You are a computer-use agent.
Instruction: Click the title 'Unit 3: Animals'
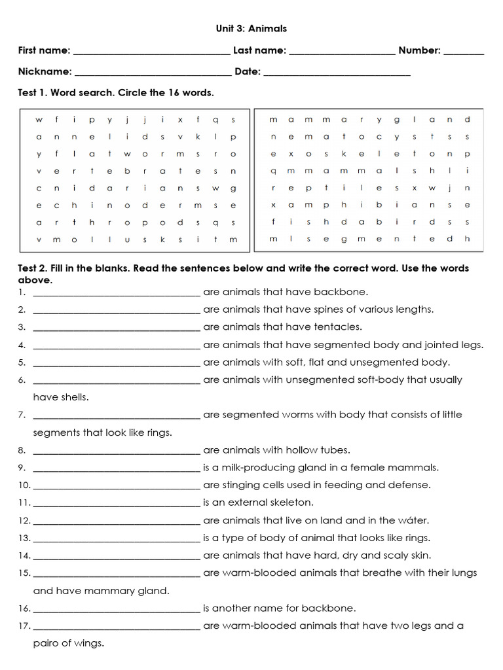point(251,29)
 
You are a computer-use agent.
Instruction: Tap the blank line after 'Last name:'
point(341,52)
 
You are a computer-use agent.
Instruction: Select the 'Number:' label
point(419,50)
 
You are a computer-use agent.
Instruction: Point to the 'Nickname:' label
point(45,71)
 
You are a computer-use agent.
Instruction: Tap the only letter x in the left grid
point(179,120)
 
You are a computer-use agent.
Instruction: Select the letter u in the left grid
point(126,240)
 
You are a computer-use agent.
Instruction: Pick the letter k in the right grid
point(343,154)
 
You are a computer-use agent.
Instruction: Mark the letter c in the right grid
point(379,137)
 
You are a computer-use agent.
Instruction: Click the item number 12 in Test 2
point(24,521)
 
